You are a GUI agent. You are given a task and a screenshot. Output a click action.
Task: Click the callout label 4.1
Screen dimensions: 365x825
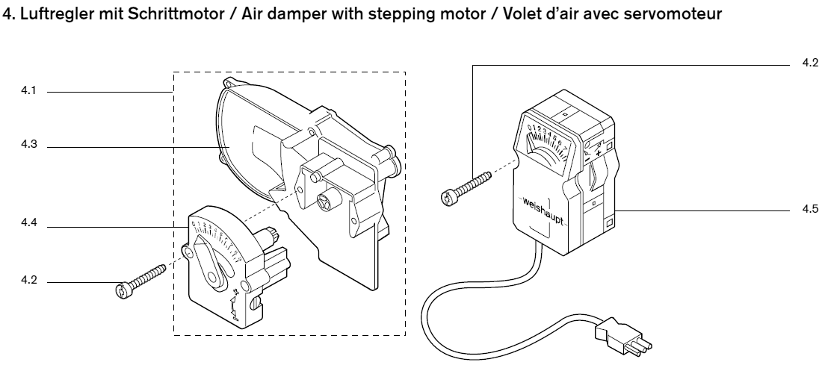coord(28,92)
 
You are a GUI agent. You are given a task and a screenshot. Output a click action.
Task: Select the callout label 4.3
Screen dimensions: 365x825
coord(28,147)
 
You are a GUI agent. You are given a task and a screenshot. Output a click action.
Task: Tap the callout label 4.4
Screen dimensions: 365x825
coord(28,222)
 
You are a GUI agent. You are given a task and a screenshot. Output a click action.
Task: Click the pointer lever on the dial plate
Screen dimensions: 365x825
coord(210,261)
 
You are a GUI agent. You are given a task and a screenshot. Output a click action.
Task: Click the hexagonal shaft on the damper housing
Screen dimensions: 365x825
coord(326,199)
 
